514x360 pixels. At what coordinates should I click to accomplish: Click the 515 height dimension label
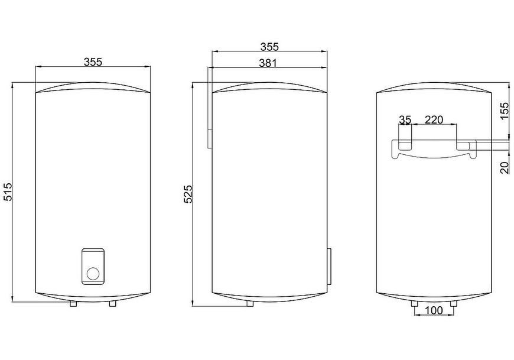[x=8, y=191]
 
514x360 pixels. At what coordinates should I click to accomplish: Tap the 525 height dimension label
[x=188, y=194]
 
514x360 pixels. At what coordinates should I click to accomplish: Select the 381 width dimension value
[x=268, y=63]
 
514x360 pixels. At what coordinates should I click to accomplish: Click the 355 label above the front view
[x=93, y=61]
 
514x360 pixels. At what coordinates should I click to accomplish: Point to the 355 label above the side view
[x=269, y=47]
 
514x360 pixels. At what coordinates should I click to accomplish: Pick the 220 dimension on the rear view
[x=434, y=119]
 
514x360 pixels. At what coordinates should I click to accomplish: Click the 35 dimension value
[x=405, y=119]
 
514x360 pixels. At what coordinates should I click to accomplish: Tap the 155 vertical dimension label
[x=505, y=111]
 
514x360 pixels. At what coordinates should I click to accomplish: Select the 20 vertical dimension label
[x=505, y=167]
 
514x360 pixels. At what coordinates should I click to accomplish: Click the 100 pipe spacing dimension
[x=434, y=310]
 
